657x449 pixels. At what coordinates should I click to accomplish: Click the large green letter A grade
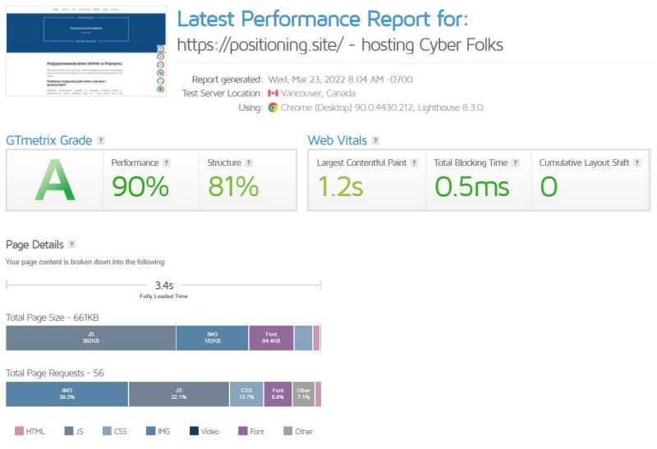tap(55, 181)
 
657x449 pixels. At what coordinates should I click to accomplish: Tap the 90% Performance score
tap(140, 186)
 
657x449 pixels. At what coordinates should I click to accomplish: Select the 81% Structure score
tap(233, 186)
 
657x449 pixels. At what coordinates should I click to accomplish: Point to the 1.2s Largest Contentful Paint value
tap(340, 186)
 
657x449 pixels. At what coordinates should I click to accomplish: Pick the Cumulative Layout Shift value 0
tap(549, 186)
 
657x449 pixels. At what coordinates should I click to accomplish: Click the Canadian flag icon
tap(273, 94)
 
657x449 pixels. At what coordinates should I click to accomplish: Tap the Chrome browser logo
tap(273, 108)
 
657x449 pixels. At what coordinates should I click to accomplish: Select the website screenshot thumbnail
tap(86, 51)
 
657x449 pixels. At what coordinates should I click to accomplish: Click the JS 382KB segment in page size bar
tap(90, 338)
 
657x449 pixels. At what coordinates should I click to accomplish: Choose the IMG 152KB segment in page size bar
tap(212, 338)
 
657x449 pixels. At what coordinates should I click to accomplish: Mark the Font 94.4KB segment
tap(271, 338)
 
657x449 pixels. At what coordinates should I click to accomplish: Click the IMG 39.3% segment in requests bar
tap(67, 394)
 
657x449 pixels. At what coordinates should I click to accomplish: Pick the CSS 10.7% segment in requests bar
tap(246, 394)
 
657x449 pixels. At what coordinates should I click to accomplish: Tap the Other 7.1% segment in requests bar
tap(304, 394)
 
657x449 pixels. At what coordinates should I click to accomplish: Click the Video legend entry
tap(205, 431)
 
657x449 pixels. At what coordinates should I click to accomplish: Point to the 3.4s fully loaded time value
tap(164, 286)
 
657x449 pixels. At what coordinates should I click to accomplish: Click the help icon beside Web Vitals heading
tap(375, 140)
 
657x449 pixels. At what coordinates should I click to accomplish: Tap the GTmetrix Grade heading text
tap(48, 140)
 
